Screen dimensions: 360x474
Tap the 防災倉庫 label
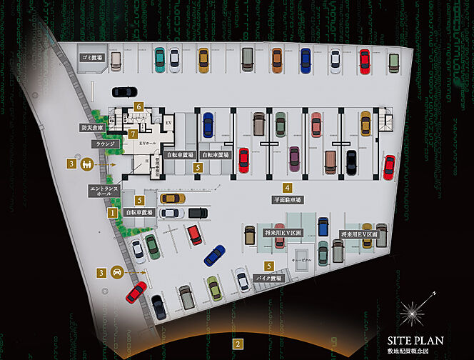pos(92,129)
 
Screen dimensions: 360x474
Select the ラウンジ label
pos(104,144)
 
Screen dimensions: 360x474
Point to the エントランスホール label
pos(101,191)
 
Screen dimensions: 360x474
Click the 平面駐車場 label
pos(288,200)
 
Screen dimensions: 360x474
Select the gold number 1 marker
pos(112,212)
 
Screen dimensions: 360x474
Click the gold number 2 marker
pos(237,344)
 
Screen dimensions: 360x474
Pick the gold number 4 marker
pos(286,188)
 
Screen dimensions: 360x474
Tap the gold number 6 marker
pos(139,106)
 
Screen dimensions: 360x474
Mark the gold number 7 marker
pos(133,134)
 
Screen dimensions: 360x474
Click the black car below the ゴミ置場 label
pos(124,91)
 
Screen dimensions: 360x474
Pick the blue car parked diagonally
pos(214,256)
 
